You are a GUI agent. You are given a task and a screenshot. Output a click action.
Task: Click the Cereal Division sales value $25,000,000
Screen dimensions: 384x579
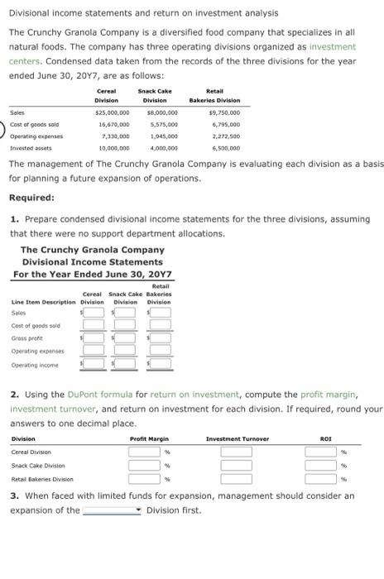[x=111, y=112]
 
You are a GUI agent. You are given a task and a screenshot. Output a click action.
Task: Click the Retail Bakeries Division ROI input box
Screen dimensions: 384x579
[x=321, y=479]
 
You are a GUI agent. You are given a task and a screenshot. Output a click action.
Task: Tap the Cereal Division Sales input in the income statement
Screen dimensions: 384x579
[x=94, y=313]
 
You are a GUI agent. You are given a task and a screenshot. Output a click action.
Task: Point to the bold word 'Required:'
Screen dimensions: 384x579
[x=31, y=199]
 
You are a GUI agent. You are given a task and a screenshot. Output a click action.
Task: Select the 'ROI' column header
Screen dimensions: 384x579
[x=325, y=438]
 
